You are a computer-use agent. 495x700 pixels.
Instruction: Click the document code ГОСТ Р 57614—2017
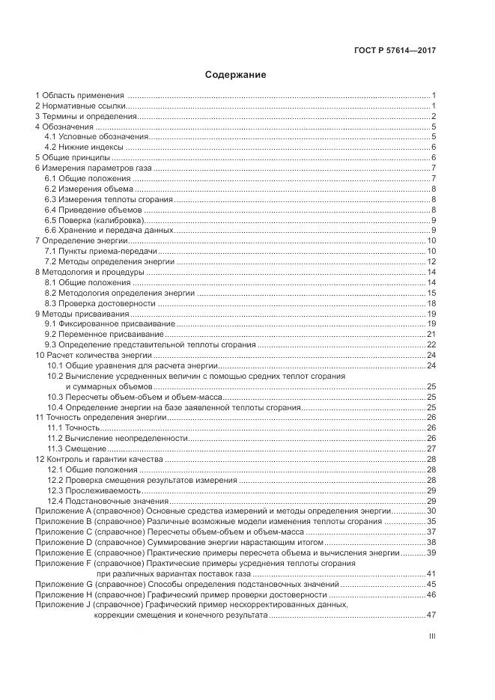click(395, 51)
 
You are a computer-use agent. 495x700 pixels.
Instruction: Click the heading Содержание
click(235, 75)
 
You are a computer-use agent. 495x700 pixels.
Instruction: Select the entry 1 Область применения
click(79, 96)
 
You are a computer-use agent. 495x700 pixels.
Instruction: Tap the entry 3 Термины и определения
click(86, 117)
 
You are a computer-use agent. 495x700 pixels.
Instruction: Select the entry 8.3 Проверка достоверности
click(100, 303)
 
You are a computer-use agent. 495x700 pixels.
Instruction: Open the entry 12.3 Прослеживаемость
click(94, 490)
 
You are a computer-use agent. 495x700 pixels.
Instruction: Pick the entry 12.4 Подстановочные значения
click(108, 500)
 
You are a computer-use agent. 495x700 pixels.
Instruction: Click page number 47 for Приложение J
click(431, 615)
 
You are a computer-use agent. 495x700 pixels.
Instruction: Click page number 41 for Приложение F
click(431, 573)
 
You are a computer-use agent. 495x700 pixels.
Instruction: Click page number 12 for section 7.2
click(431, 262)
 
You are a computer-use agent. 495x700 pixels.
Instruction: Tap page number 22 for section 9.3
click(431, 344)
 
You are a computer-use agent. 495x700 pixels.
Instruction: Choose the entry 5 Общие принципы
click(73, 158)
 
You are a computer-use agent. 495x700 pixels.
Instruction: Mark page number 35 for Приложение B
click(431, 521)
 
